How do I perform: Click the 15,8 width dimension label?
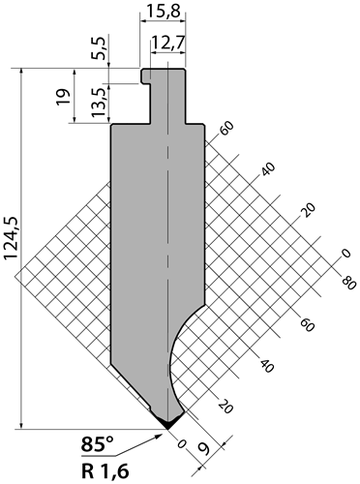click(163, 12)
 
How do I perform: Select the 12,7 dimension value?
click(167, 42)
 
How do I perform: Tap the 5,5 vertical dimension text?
click(100, 47)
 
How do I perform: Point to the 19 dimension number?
click(63, 96)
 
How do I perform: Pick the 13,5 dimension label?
click(100, 103)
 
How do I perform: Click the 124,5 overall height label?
click(12, 238)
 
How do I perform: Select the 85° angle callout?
click(98, 444)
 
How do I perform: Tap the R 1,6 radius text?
click(105, 472)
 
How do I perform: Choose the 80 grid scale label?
click(348, 283)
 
